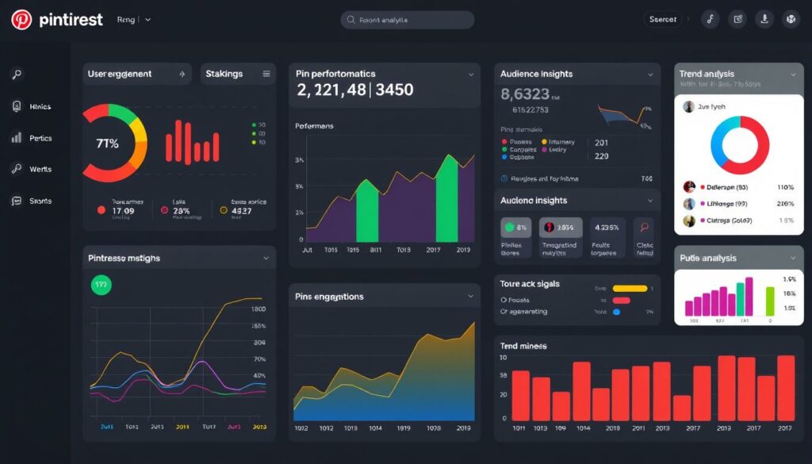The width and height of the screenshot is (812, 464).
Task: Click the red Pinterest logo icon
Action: [x=21, y=20]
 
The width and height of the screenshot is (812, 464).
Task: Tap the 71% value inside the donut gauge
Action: [x=107, y=144]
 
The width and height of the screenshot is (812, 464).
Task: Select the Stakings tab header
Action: [x=224, y=74]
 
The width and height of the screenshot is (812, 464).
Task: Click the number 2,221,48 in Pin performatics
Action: [x=331, y=90]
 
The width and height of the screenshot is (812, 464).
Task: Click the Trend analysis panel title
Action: [x=707, y=74]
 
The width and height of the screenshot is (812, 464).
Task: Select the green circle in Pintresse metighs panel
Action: [x=101, y=285]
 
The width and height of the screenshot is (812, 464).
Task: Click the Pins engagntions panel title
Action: [x=329, y=297]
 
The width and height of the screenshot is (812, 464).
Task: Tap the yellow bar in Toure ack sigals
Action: [x=630, y=288]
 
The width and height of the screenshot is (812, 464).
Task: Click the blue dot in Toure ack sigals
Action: [x=616, y=313]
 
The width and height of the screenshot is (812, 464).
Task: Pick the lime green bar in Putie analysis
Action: [x=769, y=301]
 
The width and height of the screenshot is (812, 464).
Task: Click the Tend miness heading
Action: [x=523, y=346]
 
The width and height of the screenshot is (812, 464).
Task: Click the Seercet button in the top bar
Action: [x=663, y=20]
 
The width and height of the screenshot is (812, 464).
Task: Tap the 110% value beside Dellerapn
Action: [x=785, y=187]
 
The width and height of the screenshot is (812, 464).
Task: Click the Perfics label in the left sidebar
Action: [x=40, y=138]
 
